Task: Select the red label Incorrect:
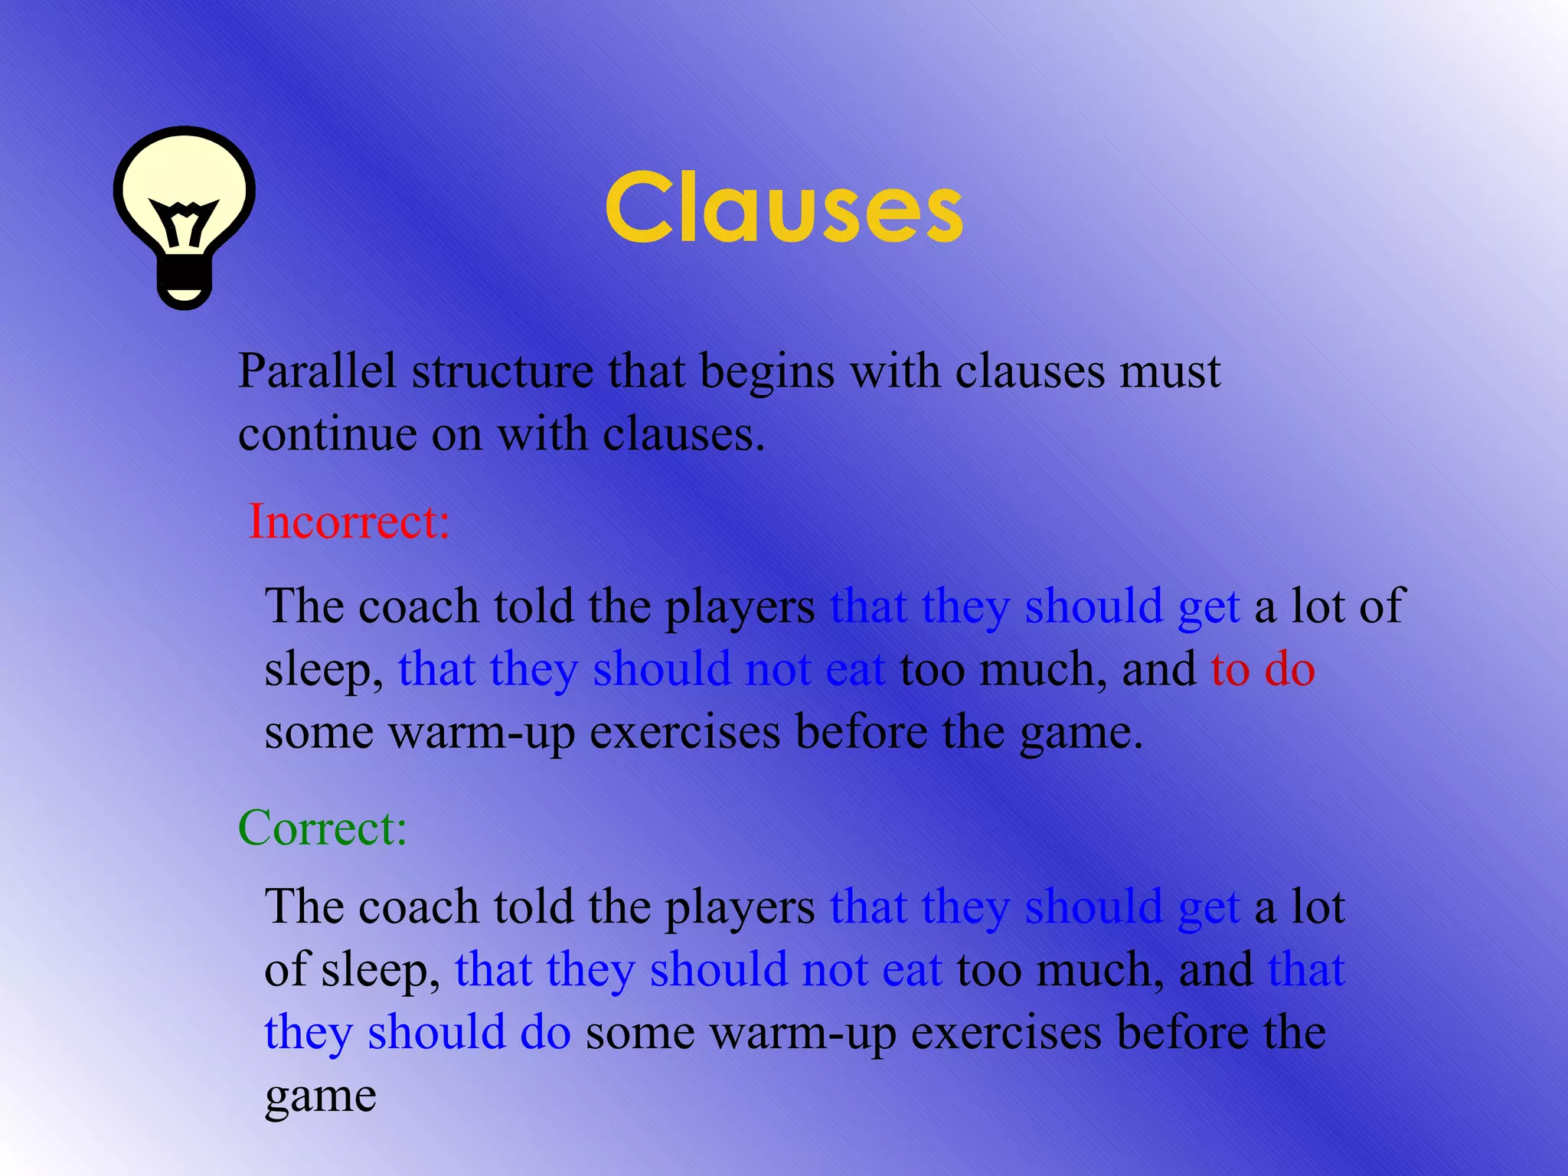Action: point(349,521)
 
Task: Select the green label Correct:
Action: point(322,828)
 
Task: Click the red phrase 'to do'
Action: point(1263,669)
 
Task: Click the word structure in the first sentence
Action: point(502,372)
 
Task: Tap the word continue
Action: point(327,435)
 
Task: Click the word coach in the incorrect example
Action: point(418,606)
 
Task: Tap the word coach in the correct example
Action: point(418,907)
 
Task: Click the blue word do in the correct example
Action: point(545,1032)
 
